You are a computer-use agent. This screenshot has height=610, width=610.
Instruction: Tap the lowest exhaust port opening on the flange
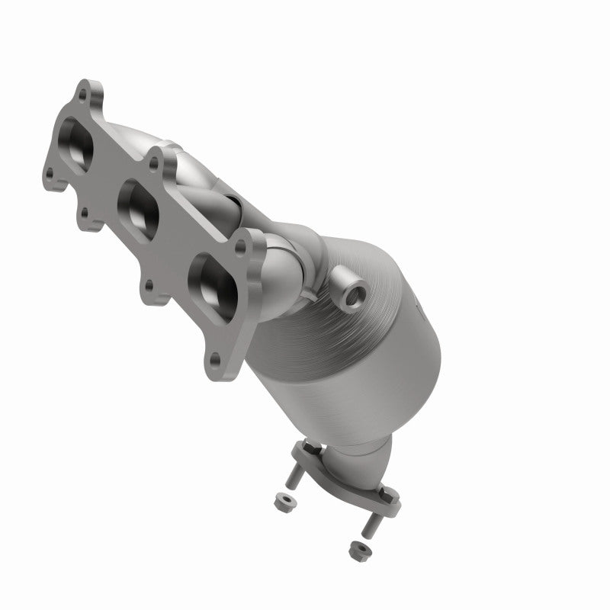(210, 281)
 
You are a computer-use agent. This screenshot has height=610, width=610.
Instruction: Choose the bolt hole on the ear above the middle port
(155, 162)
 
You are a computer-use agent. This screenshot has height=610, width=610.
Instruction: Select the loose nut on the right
(355, 547)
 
